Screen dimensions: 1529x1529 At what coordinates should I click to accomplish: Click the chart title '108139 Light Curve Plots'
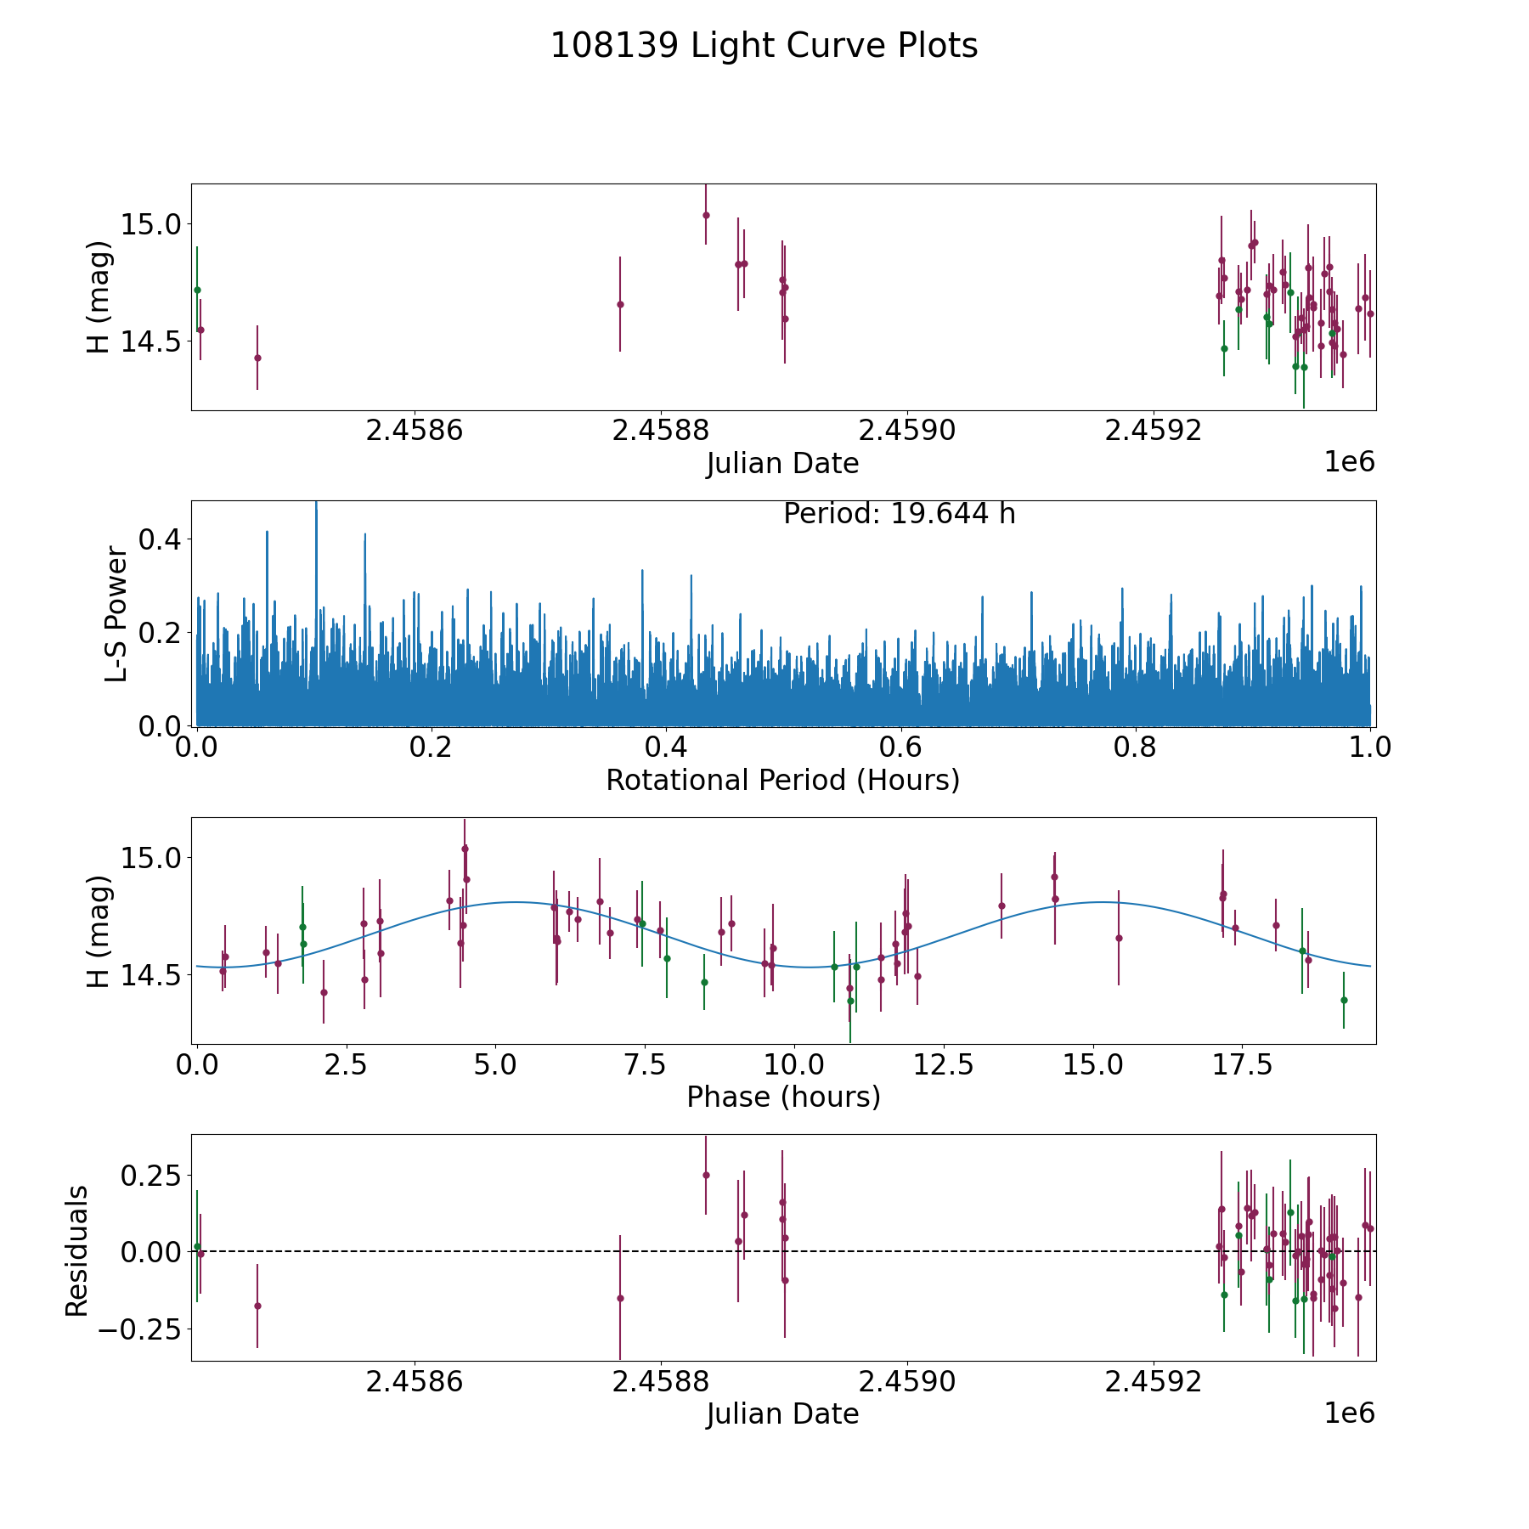[764, 46]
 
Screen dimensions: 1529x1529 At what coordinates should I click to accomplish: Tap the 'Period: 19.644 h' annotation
[899, 514]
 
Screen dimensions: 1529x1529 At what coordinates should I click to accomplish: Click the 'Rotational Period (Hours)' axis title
[782, 780]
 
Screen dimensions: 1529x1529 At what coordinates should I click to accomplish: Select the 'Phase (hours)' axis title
[783, 1097]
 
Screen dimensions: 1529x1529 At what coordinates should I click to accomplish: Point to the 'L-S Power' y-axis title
[116, 614]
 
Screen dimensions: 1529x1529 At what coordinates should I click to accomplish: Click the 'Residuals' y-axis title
[76, 1251]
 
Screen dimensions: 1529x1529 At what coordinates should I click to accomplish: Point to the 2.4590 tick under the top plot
[908, 430]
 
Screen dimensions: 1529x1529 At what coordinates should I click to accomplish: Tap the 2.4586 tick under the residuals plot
[415, 1380]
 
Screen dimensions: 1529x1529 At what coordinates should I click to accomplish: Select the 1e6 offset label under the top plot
[1350, 462]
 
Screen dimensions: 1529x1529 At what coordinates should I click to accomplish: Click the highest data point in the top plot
[706, 215]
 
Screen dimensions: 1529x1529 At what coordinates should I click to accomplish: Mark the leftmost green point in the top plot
[197, 290]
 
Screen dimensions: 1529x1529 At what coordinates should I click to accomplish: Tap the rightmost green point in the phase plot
[1344, 1000]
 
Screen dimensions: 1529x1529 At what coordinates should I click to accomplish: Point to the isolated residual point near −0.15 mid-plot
[620, 1298]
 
